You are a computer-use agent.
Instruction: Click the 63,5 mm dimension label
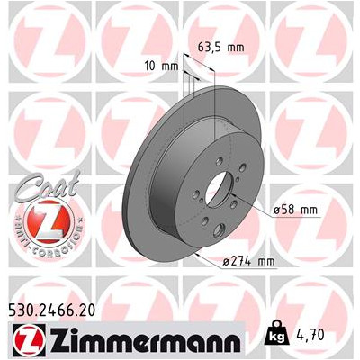(221, 48)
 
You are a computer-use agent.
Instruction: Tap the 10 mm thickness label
(161, 66)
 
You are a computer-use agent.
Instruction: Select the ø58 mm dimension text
(295, 210)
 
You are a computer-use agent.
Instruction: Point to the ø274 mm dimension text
(248, 261)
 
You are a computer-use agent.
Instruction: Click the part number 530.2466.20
(50, 310)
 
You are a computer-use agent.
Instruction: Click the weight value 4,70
(311, 335)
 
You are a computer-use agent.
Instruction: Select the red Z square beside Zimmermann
(29, 338)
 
